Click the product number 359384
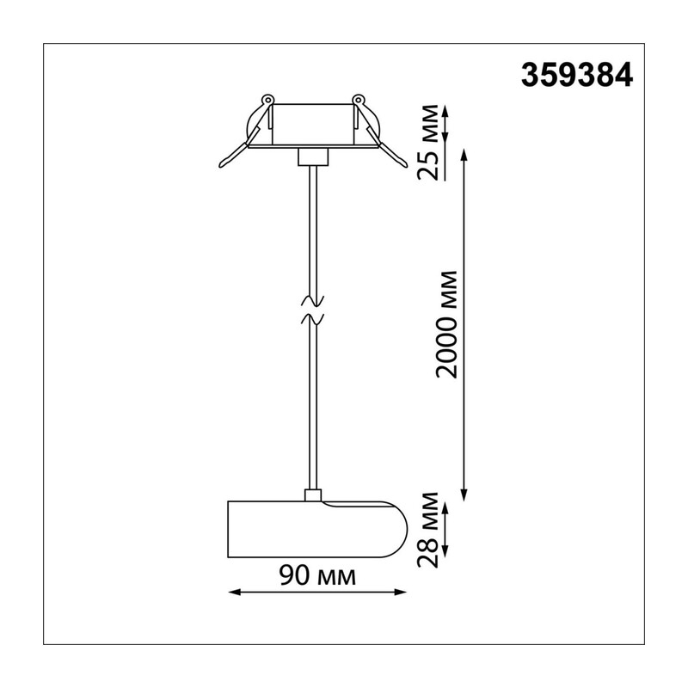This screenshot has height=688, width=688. click(576, 75)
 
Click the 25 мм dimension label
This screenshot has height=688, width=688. click(428, 142)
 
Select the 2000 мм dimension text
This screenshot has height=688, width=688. click(447, 325)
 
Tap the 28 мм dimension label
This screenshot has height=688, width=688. click(428, 530)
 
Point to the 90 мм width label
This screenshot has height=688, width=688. click(317, 575)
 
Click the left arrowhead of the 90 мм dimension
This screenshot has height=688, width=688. click(235, 593)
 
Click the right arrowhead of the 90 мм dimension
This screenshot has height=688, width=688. click(401, 593)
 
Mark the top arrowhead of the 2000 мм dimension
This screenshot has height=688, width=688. click(464, 155)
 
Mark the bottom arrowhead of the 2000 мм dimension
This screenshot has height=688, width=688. click(464, 494)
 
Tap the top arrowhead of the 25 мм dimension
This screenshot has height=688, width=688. click(445, 112)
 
